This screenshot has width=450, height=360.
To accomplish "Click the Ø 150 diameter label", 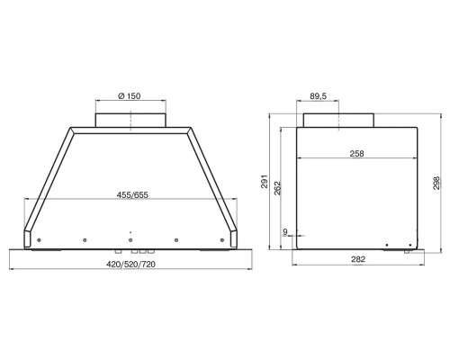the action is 130,96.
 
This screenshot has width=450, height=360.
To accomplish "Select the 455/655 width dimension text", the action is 132,195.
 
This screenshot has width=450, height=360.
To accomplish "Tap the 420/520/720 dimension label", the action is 130,265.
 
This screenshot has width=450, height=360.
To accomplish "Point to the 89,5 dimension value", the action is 318,96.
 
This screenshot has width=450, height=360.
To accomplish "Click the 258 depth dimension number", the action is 356,154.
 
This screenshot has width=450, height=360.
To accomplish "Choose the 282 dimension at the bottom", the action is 358,259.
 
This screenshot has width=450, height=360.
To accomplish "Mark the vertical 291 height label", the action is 265,181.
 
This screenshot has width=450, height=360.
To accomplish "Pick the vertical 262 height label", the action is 277,188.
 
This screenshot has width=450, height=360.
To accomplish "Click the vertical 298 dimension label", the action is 436,183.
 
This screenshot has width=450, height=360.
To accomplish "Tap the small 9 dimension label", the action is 285,231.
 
